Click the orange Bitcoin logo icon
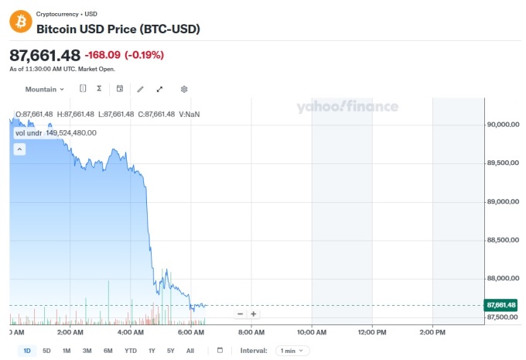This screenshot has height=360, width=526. pos(21,21)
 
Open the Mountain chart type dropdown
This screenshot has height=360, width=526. pos(45,89)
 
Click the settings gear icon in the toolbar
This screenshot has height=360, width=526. pos(184,89)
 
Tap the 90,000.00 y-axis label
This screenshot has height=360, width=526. pos(502,124)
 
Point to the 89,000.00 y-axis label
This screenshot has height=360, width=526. pos(502,201)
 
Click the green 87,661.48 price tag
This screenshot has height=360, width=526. pos(501,304)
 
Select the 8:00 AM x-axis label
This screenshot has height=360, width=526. pos(251,332)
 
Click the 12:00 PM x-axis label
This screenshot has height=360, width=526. pos(372,332)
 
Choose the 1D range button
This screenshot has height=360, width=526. pos(27,351)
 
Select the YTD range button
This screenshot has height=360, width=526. pos(131,351)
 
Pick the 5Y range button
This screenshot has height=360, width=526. pos(170,351)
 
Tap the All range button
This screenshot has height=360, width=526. pos(190,351)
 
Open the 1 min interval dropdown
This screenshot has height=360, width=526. pos(292,351)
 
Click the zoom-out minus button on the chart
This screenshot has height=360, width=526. pos(241,314)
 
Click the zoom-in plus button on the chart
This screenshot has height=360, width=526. pos(253,314)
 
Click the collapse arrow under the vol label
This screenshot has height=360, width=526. pos(20,149)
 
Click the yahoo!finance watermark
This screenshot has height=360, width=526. pos(347,107)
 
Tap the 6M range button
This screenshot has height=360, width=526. pos(108,351)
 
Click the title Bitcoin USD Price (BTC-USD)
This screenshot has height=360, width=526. pos(118,29)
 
